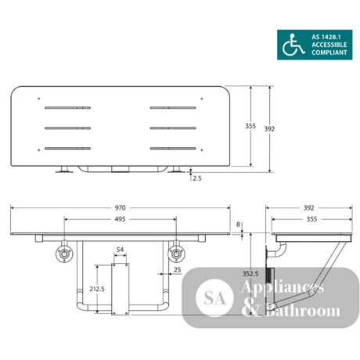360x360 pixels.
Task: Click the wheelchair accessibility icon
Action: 293,45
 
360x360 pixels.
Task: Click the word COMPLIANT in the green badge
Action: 329,52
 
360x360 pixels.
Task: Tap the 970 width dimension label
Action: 120,208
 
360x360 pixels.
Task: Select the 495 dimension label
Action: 120,219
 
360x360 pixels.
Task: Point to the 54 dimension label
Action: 120,250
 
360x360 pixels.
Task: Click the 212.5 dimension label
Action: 97,289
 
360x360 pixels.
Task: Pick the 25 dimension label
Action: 177,270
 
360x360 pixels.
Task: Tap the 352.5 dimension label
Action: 250,274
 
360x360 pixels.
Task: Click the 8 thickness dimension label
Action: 238,225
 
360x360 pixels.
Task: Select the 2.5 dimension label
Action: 197,178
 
